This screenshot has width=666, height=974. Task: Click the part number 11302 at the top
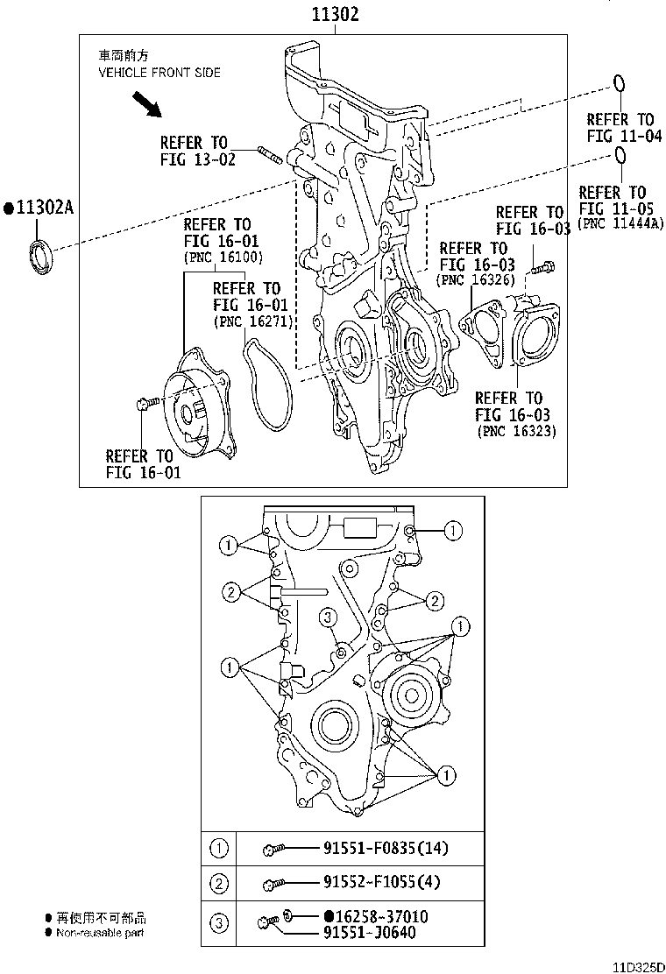[x=333, y=14]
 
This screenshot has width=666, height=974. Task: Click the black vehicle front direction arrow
[x=145, y=105]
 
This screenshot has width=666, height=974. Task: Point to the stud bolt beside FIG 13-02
[x=271, y=157]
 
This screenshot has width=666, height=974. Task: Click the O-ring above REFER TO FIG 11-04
[x=618, y=84]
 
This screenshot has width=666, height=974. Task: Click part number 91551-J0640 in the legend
[x=368, y=932]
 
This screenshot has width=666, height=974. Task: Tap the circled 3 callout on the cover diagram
[x=327, y=618]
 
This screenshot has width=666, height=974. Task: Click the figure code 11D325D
[x=638, y=966]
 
